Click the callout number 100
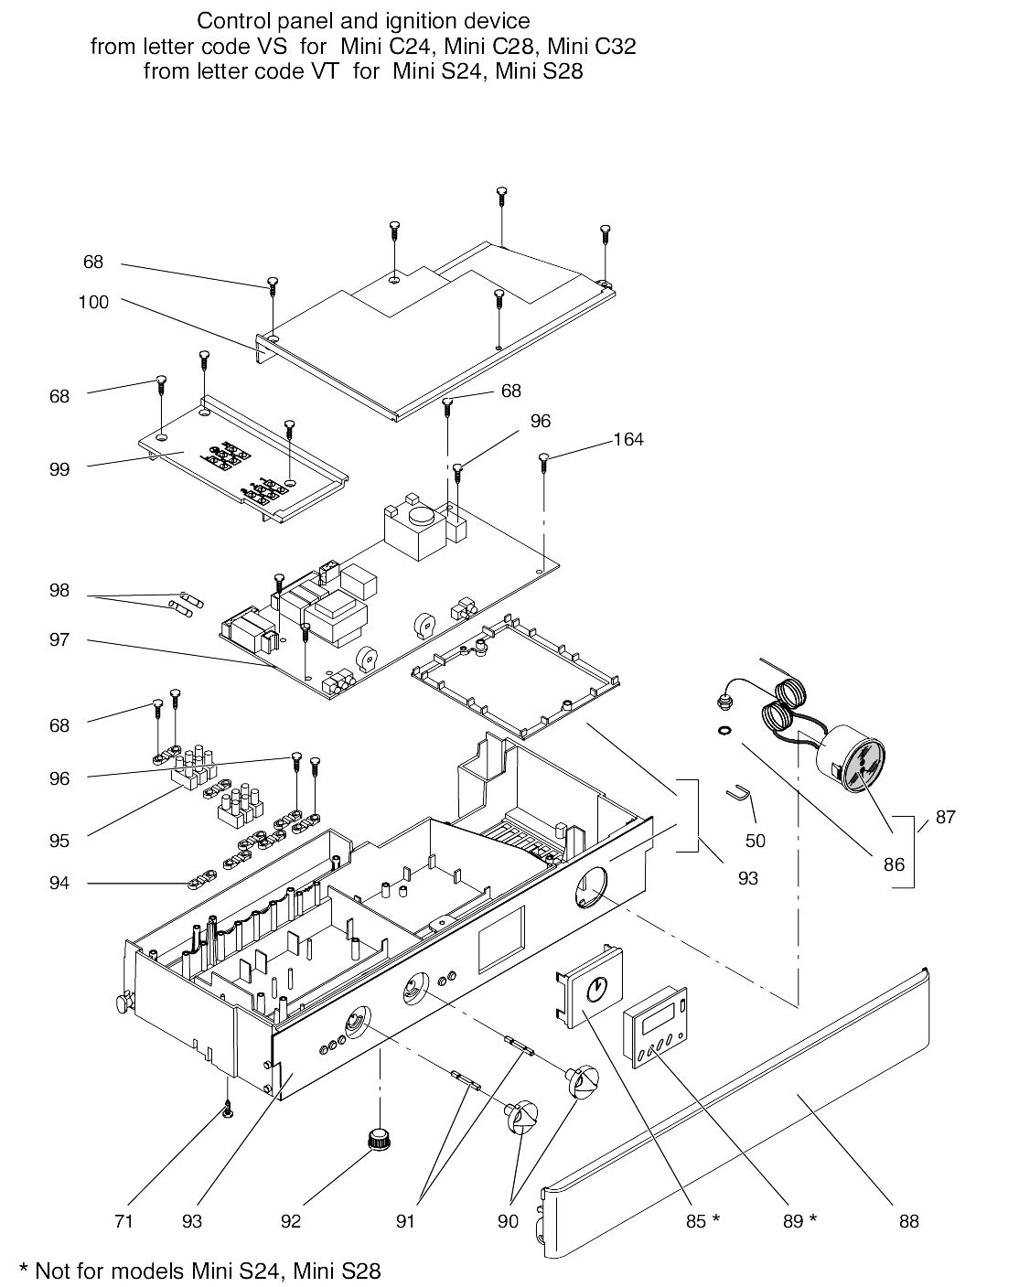(x=93, y=302)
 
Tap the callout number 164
(x=628, y=440)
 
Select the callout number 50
(x=756, y=841)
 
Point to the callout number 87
(x=946, y=817)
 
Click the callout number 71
(x=123, y=1221)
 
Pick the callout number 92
(x=291, y=1221)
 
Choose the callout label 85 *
(x=703, y=1221)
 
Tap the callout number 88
(x=909, y=1221)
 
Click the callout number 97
(x=59, y=640)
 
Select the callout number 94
(x=59, y=884)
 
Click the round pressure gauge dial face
(x=861, y=767)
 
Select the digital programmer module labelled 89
(x=656, y=1027)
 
